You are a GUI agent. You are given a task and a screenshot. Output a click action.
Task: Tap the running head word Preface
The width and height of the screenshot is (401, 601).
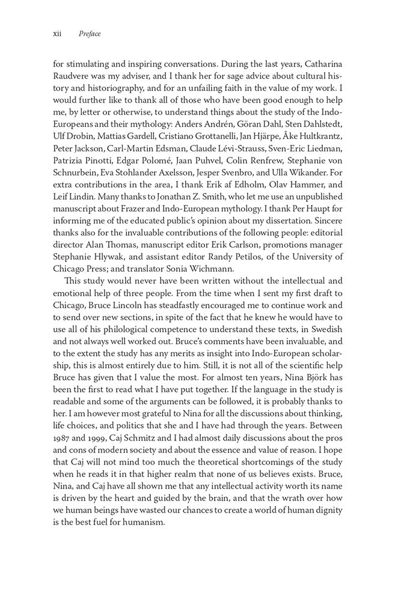pyautogui.click(x=89, y=34)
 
